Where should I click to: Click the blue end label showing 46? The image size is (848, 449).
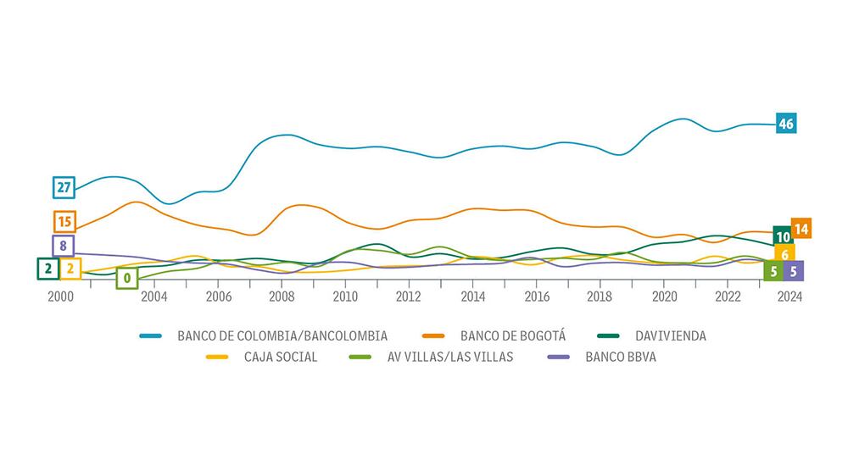click(786, 124)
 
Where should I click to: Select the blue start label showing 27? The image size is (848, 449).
click(64, 187)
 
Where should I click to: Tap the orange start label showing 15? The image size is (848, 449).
click(64, 222)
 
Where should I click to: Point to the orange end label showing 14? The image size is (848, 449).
click(801, 228)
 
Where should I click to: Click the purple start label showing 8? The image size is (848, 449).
click(63, 246)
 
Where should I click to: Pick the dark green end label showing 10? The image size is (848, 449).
click(784, 236)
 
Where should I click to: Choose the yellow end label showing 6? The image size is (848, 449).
click(785, 254)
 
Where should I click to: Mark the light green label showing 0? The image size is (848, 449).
click(127, 276)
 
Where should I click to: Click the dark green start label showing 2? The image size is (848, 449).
click(47, 269)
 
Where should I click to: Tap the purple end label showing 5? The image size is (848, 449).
click(793, 271)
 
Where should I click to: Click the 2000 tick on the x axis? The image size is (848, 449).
click(59, 297)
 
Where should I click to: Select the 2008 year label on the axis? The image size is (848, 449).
click(282, 297)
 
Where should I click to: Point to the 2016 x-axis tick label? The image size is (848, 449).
click(536, 297)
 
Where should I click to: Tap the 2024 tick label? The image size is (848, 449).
click(789, 297)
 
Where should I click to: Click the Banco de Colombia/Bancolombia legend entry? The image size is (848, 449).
click(282, 335)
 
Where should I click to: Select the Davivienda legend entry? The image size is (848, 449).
click(669, 335)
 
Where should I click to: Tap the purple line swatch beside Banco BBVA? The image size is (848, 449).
click(561, 357)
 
